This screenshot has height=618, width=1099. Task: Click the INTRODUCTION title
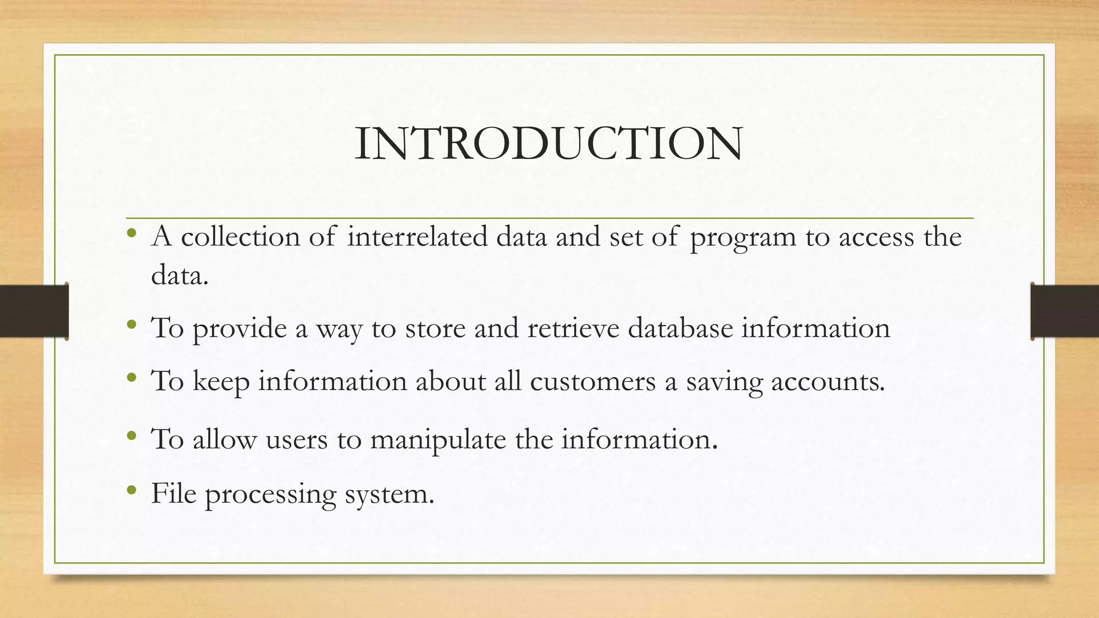tap(548, 144)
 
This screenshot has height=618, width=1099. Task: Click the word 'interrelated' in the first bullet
tap(417, 237)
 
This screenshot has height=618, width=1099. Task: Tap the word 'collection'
tap(240, 237)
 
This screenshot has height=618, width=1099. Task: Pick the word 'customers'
tap(593, 381)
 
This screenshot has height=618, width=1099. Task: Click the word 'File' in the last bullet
tap(173, 493)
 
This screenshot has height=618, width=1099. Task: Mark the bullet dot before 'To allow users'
tap(132, 436)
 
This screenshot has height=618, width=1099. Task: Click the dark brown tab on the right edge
tap(1065, 311)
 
